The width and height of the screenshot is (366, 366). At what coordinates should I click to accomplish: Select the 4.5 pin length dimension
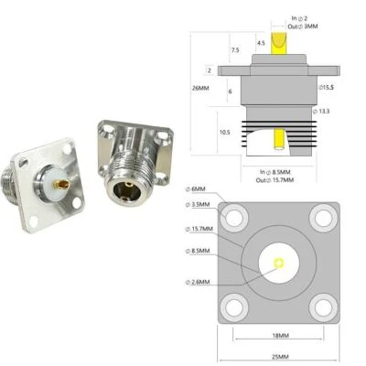tap(261, 43)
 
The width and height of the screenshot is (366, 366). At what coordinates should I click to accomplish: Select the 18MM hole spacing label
tap(280, 336)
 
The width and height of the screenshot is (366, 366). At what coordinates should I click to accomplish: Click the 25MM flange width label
tap(280, 355)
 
